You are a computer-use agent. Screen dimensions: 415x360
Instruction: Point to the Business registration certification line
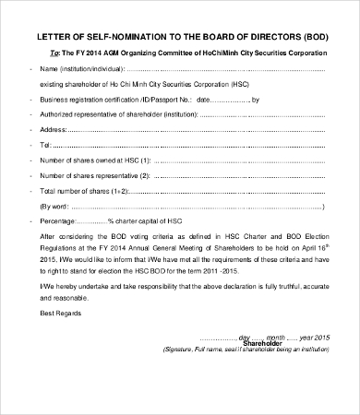(x=102, y=98)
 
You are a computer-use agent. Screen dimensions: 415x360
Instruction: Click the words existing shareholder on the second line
(x=72, y=83)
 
